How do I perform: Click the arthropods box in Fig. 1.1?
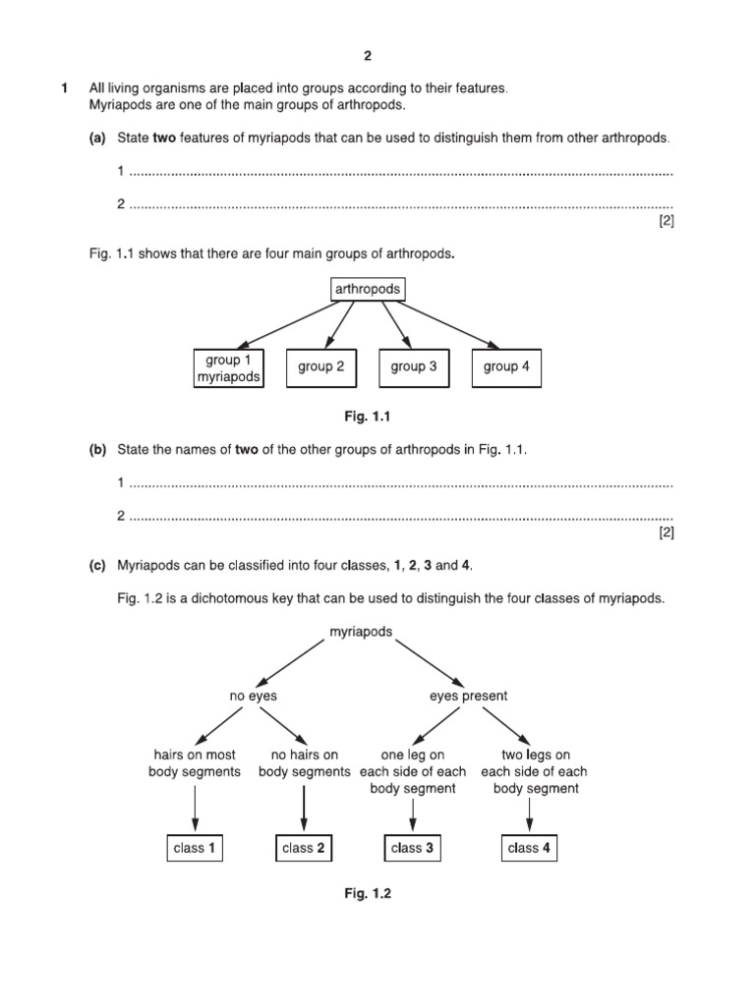[368, 289]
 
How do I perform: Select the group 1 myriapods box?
[229, 367]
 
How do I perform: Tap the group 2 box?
[321, 366]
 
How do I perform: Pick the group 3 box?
[414, 366]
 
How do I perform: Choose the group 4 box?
[506, 366]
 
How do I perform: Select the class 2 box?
[303, 847]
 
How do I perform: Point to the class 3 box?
[413, 847]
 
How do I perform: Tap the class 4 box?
[529, 847]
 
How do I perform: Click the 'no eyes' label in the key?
[254, 696]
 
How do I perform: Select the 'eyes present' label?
[469, 696]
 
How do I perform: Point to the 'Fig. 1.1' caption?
[368, 417]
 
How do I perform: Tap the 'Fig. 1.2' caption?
[368, 894]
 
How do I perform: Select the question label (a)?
[97, 139]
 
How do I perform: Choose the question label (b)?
[97, 449]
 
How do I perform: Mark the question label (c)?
[97, 566]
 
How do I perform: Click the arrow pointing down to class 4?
[530, 812]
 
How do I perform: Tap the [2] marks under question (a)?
[666, 222]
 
